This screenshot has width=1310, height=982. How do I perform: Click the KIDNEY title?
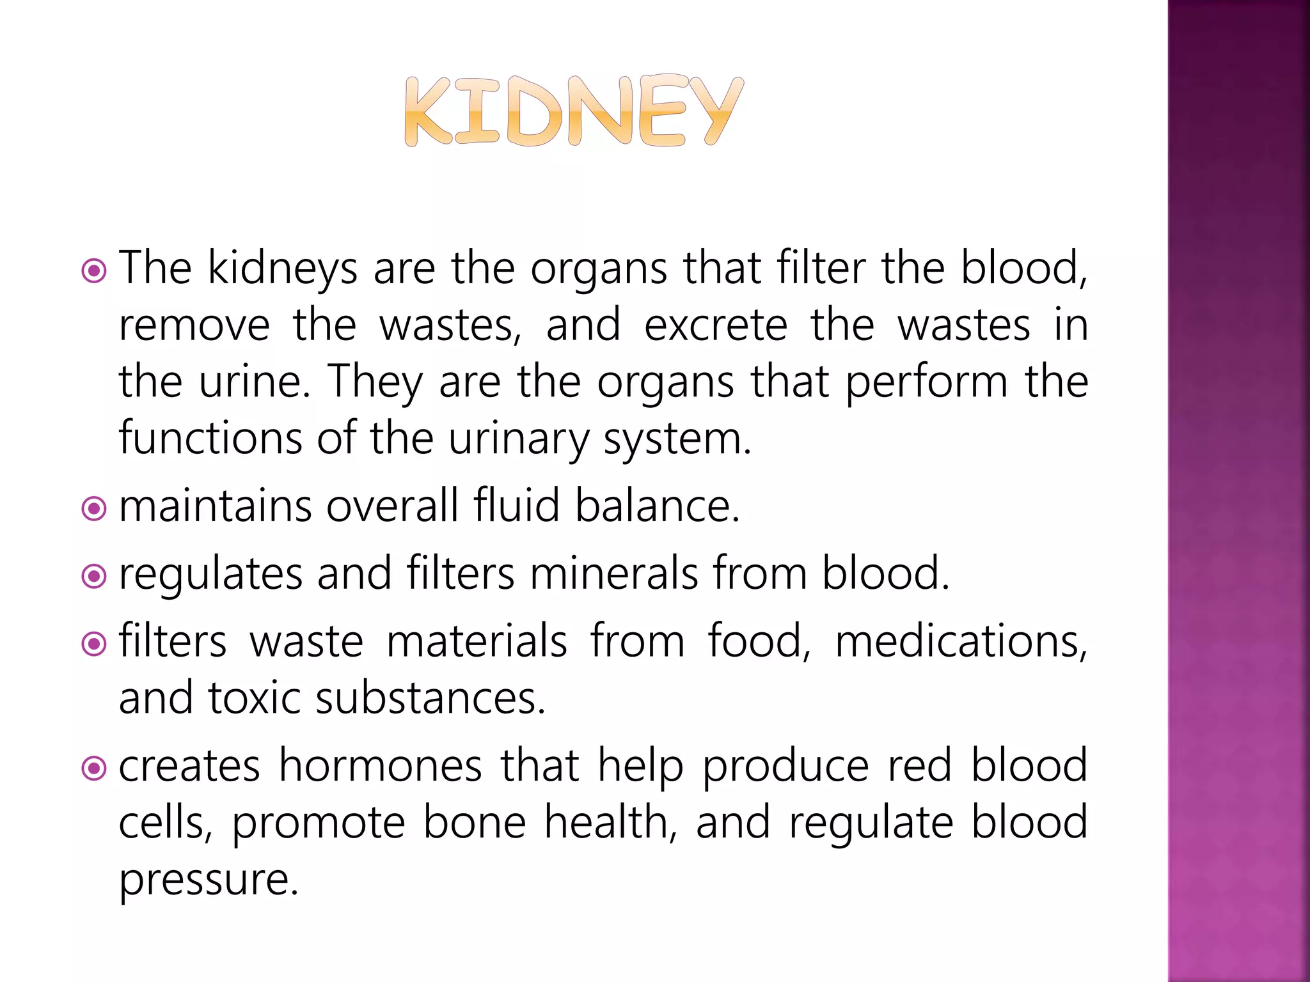coord(574,112)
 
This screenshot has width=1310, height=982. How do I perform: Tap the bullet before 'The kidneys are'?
coord(94,271)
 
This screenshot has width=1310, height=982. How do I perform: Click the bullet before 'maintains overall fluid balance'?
coord(94,509)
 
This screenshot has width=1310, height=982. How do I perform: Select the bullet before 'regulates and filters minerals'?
coord(94,577)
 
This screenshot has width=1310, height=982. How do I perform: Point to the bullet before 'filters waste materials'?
coord(94,644)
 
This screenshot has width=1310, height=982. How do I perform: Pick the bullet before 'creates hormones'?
coord(94,768)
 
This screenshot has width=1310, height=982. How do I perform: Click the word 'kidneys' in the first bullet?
coord(283,269)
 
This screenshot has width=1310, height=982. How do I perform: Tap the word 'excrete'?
coord(715,325)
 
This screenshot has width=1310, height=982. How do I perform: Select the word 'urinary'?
coord(518,439)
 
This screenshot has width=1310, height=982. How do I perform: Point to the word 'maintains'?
coord(216,506)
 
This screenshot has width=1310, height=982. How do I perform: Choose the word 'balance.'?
coord(657,506)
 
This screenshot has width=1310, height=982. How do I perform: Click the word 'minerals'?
coord(614,573)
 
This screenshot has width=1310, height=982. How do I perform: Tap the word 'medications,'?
coord(961,641)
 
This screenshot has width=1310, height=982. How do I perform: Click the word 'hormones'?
coord(380,765)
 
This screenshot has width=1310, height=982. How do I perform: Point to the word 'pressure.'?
coord(209,880)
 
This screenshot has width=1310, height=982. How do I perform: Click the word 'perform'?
coord(927,382)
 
